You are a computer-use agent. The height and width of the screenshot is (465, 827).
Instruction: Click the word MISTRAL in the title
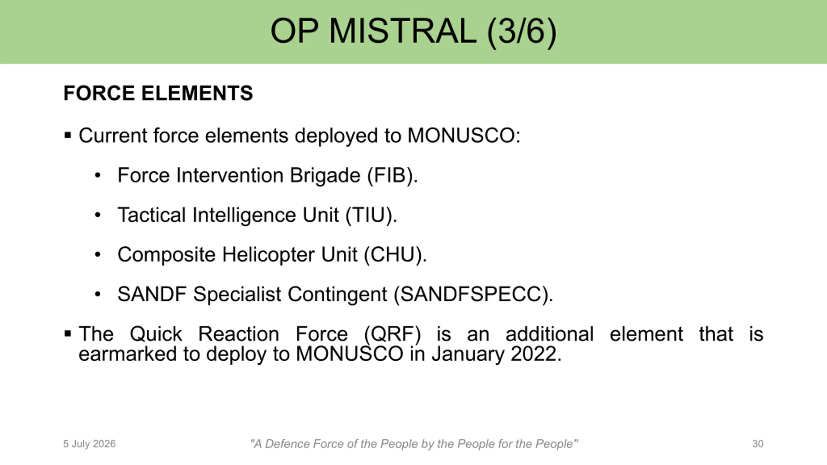click(x=403, y=31)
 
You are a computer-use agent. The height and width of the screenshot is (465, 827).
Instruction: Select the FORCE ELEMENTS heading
click(x=158, y=93)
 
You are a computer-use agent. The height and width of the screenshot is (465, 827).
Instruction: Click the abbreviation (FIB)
click(x=393, y=176)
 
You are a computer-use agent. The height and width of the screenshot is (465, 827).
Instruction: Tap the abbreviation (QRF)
click(x=393, y=334)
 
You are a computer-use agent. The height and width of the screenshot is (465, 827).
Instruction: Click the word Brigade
click(x=325, y=176)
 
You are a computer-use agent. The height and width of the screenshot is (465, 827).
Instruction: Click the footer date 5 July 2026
click(x=89, y=444)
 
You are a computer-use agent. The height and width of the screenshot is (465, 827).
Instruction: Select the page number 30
click(x=758, y=444)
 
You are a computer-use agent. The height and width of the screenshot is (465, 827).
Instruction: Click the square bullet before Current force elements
click(x=68, y=135)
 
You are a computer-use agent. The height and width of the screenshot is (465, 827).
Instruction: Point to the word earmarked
click(x=128, y=354)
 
